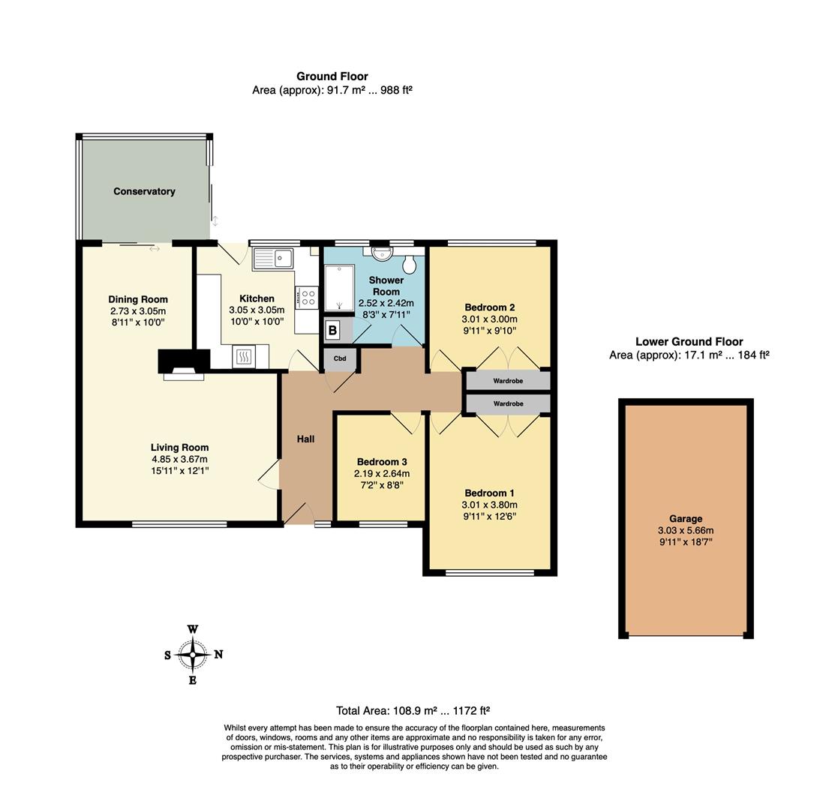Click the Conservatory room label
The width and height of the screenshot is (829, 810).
144,191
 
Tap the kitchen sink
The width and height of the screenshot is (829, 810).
273,259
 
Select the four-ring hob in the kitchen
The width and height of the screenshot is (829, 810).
307,296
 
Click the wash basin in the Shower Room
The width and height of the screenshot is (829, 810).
380,254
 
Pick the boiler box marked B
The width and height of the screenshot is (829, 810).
332,331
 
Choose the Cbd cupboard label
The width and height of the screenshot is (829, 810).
340,358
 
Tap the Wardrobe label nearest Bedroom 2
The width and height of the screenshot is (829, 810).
508,380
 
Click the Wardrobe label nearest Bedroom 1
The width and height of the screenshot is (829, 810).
508,403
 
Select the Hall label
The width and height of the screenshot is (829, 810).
305,439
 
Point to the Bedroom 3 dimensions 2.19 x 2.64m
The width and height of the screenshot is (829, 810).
382,473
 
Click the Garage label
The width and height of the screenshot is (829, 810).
686,519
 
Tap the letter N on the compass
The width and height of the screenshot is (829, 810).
218,654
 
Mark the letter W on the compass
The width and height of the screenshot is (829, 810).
193,629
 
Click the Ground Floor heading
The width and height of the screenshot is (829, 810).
332,76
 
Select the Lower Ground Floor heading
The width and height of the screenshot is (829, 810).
689,341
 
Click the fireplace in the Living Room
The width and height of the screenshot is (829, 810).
184,364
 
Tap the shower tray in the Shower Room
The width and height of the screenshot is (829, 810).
338,289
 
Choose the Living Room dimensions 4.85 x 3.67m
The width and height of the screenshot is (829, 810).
179,459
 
